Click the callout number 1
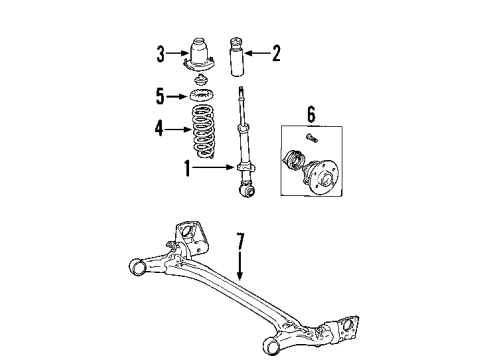coord(186,169)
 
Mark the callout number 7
coord(240,240)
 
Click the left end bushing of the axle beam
coord(139,267)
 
